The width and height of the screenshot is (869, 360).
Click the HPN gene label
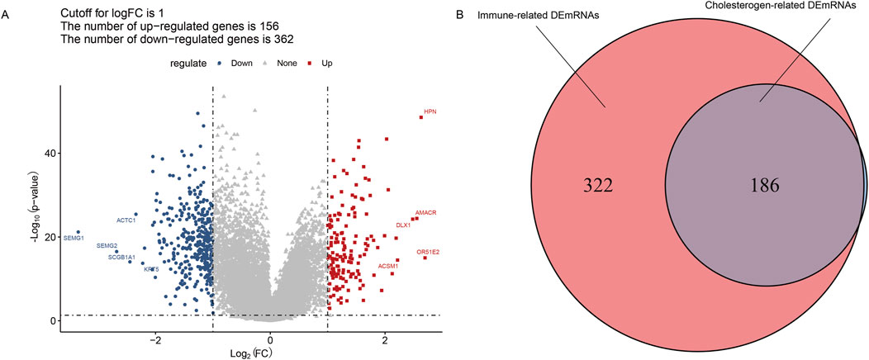click(430, 111)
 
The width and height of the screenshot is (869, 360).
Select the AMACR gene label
click(425, 213)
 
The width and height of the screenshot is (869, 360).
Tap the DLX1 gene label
click(403, 225)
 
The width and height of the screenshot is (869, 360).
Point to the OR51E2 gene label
click(428, 251)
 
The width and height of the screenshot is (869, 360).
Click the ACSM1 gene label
click(388, 266)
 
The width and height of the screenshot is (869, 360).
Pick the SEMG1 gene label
click(74, 238)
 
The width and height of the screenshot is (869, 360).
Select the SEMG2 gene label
click(107, 246)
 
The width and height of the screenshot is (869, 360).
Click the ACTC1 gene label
click(126, 220)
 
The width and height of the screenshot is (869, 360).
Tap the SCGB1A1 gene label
click(121, 258)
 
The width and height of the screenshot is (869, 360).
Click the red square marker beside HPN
click(420, 117)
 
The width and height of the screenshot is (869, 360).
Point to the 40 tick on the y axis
click(50, 153)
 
